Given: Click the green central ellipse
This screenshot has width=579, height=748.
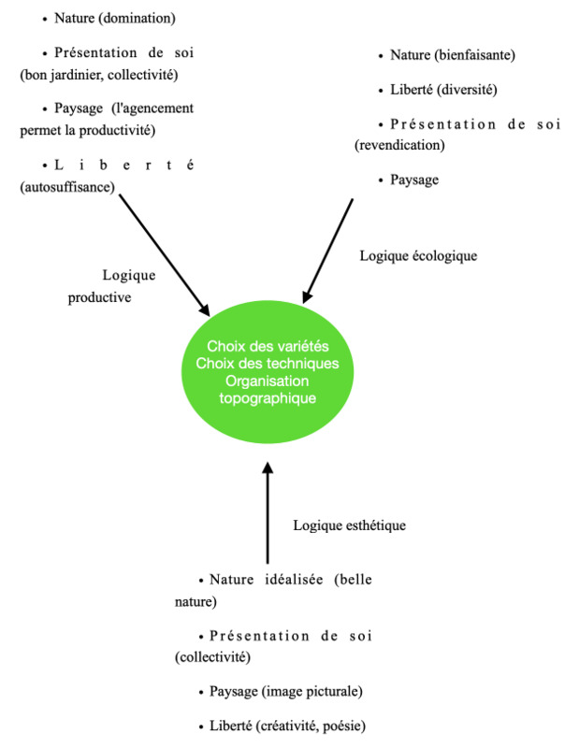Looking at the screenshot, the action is click(268, 371).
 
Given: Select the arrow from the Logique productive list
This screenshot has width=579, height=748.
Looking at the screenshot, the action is click(165, 254).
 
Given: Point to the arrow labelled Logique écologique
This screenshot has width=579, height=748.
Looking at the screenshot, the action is click(328, 251).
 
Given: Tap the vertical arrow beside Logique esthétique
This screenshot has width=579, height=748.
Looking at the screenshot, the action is click(268, 512).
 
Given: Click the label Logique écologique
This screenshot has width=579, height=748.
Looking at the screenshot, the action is click(418, 255).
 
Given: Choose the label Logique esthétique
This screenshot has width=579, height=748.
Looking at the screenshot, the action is click(350, 525).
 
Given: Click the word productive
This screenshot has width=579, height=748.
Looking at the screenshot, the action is click(99, 297).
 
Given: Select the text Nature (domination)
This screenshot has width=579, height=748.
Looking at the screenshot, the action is click(115, 18).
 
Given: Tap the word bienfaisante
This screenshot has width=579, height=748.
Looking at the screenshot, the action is click(474, 55).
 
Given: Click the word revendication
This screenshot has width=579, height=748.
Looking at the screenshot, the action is click(399, 145).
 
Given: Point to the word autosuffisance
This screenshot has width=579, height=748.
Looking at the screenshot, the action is click(67, 187).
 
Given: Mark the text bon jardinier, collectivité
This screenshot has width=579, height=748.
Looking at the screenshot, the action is click(99, 75).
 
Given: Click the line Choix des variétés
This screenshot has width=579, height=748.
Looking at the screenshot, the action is click(268, 346).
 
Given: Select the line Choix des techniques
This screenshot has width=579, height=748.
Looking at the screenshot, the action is click(268, 364).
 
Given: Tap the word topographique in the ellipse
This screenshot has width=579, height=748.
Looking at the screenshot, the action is click(268, 398).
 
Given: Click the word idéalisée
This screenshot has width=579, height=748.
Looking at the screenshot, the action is click(294, 580).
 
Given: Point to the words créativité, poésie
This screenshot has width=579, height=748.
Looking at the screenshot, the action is click(311, 726).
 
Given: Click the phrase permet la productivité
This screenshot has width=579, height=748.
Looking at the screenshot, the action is click(87, 130).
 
